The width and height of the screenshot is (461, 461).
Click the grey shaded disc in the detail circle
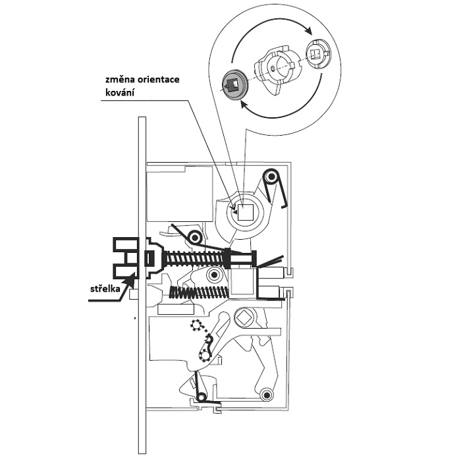234,83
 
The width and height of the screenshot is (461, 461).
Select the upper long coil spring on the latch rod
191,258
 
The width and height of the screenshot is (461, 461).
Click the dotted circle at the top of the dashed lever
195,324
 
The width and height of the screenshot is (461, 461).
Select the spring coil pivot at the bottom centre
203,396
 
